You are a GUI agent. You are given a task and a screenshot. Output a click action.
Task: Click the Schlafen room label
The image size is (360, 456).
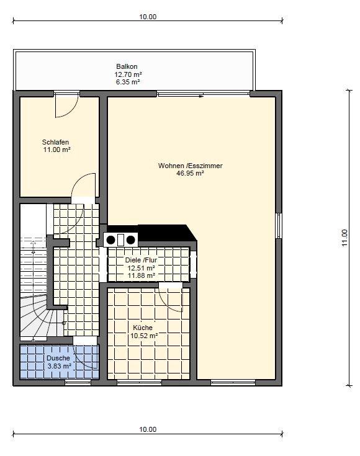click(x=56, y=142)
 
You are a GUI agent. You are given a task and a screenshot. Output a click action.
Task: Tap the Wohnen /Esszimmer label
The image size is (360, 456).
click(x=191, y=166)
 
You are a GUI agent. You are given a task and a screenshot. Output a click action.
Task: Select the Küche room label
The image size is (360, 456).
click(x=143, y=328)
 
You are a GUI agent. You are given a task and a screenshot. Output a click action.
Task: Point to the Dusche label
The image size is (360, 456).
click(x=58, y=359)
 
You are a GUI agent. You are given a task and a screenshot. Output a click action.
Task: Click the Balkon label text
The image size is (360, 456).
click(x=127, y=66)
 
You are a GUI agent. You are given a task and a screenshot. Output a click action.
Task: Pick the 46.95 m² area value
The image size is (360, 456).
click(x=190, y=173)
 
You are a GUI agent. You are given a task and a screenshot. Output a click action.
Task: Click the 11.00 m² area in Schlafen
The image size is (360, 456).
click(x=57, y=150)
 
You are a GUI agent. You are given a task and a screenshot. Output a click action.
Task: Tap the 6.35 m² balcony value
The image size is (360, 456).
click(x=128, y=82)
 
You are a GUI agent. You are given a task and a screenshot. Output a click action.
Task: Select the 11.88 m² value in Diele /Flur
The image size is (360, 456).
click(x=142, y=275)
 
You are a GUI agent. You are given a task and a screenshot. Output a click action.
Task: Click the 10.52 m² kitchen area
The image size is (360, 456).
click(x=144, y=336)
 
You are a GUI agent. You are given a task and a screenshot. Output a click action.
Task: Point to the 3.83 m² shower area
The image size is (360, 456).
click(x=60, y=366)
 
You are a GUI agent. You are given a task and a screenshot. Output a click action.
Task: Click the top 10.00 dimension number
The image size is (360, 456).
click(x=148, y=17)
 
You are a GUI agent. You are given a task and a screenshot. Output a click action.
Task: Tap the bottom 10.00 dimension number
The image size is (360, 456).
click(x=148, y=429)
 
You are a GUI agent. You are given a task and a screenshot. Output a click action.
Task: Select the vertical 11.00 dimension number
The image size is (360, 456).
click(x=345, y=238)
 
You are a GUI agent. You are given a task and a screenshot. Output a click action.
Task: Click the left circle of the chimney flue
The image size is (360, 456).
click(x=111, y=240)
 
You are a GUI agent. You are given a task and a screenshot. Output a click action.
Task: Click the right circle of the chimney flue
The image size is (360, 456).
click(x=131, y=240)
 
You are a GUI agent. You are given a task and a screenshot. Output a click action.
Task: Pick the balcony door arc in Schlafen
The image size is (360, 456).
click(x=71, y=111)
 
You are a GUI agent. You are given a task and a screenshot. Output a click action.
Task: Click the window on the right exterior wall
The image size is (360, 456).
click(x=279, y=226)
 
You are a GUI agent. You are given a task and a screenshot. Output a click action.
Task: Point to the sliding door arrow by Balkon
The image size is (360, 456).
click(x=201, y=96)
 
